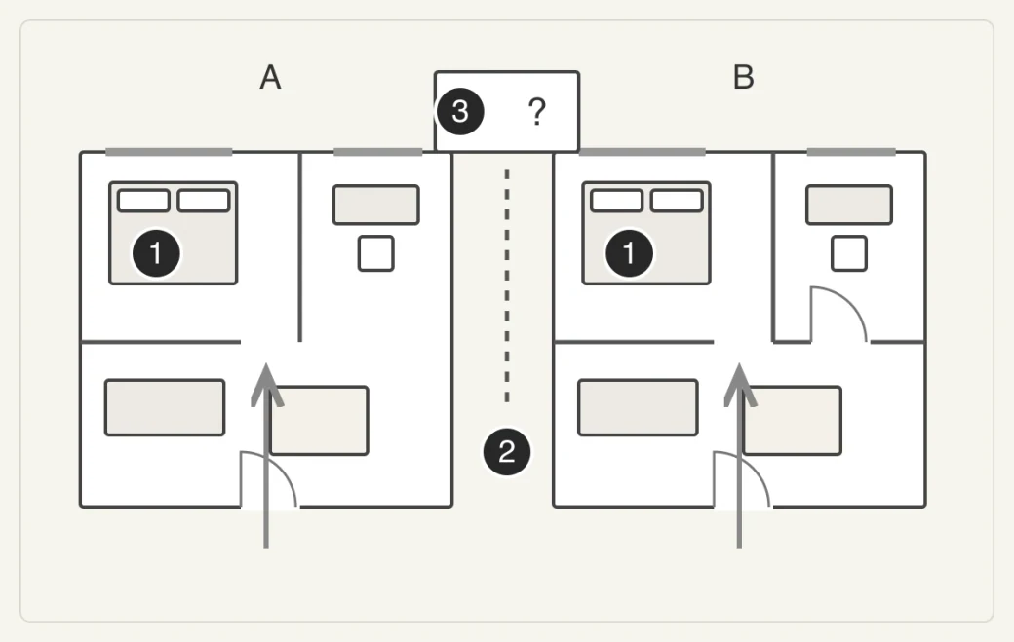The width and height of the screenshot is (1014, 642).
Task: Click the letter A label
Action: pyautogui.click(x=270, y=78)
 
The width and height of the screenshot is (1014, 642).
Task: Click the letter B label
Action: pyautogui.click(x=744, y=78)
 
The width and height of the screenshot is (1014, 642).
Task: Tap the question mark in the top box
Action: pyautogui.click(x=537, y=111)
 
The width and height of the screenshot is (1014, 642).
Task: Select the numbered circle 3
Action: pyautogui.click(x=460, y=111)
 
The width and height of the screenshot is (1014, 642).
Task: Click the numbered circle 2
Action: pyautogui.click(x=507, y=451)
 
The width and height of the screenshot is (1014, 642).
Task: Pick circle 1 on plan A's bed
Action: pyautogui.click(x=156, y=253)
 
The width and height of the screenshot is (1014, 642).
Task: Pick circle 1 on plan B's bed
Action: pyautogui.click(x=629, y=253)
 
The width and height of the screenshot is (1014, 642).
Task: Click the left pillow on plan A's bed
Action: pyautogui.click(x=143, y=201)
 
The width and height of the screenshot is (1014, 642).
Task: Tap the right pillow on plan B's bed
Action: pyautogui.click(x=677, y=201)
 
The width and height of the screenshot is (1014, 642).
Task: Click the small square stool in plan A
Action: pyautogui.click(x=376, y=253)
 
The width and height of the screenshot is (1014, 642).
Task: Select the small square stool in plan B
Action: pyautogui.click(x=849, y=253)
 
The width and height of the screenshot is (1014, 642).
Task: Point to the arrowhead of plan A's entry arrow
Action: pyautogui.click(x=266, y=365)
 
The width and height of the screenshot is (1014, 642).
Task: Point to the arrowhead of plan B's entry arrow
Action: pyautogui.click(x=740, y=365)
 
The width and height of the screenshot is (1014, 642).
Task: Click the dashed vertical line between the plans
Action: pyautogui.click(x=507, y=285)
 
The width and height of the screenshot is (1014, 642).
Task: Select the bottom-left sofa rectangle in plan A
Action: pyautogui.click(x=165, y=407)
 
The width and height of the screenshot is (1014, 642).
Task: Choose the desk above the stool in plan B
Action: pyautogui.click(x=849, y=205)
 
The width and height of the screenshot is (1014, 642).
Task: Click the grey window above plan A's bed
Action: pyautogui.click(x=169, y=152)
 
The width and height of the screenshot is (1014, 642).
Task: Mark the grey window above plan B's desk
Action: pyautogui.click(x=851, y=152)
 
